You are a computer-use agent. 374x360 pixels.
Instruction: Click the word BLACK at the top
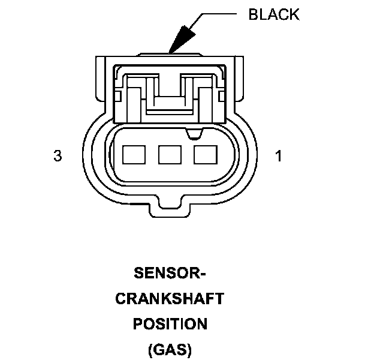[273, 15]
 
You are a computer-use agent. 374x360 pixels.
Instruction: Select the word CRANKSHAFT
[170, 299]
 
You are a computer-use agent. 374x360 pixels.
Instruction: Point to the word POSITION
[170, 324]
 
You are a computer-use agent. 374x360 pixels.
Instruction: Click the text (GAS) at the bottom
[170, 349]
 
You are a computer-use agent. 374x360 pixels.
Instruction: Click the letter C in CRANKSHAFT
[120, 299]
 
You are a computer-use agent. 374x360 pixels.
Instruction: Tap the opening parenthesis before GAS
[149, 349]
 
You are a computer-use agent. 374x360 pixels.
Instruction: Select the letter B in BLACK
[252, 15]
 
